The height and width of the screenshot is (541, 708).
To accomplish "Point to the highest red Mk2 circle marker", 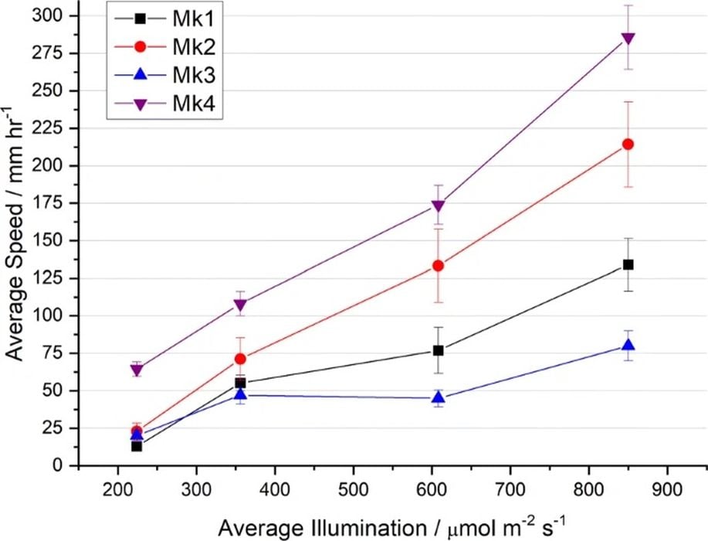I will [x=628, y=145].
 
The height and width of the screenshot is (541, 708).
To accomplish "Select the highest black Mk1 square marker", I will [x=628, y=265].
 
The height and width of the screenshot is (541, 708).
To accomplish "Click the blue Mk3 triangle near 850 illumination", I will [x=628, y=345].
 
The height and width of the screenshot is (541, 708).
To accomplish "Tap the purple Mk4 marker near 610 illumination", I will [x=439, y=206].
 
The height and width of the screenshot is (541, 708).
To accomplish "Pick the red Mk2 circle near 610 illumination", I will [x=439, y=266].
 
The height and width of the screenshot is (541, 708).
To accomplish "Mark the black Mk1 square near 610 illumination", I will [x=439, y=350].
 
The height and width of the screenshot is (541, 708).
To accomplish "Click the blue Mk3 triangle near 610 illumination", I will [x=439, y=398].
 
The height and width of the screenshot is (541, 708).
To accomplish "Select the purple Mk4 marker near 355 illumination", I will [x=240, y=305].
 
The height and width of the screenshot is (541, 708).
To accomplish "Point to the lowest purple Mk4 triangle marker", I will [x=137, y=369].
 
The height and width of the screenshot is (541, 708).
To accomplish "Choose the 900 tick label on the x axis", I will [x=666, y=489].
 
